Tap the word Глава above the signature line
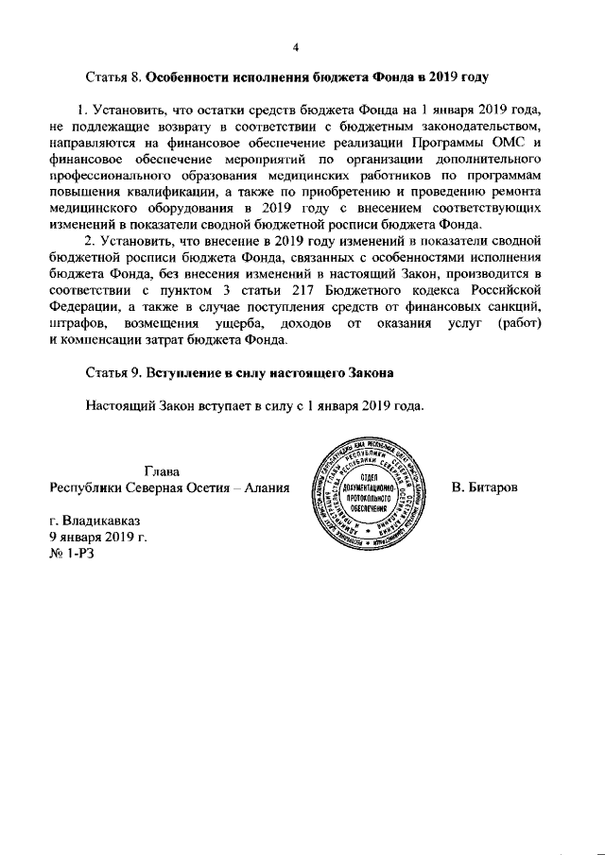163,470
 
